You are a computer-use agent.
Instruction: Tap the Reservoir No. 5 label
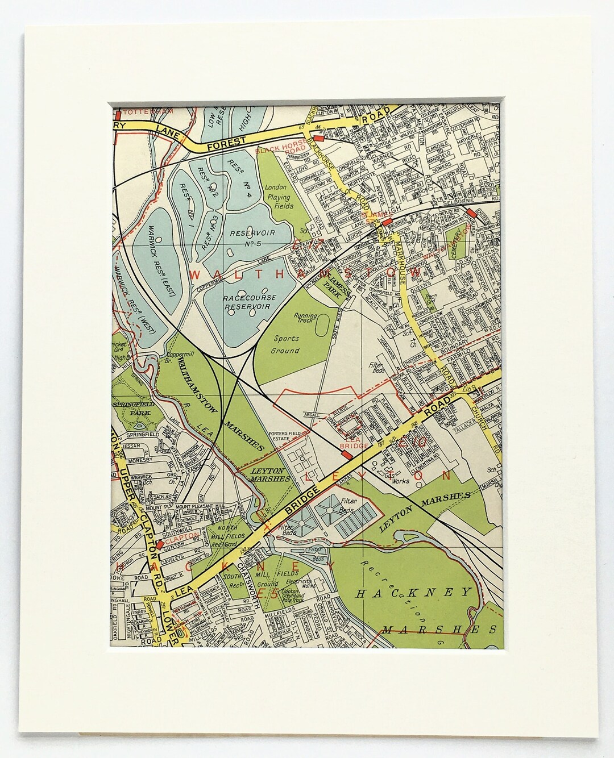pyautogui.click(x=249, y=238)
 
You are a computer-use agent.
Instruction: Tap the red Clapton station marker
pyautogui.click(x=161, y=544)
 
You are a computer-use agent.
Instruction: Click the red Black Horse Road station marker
pyautogui.click(x=318, y=138)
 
